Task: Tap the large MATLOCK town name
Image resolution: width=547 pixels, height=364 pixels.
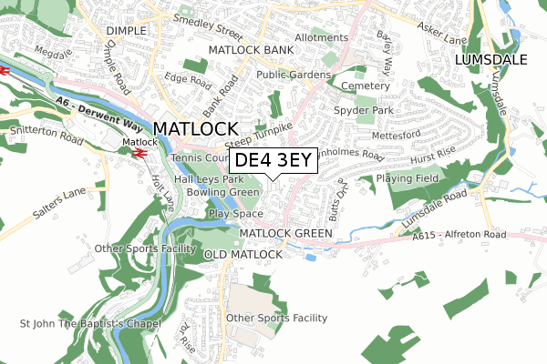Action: pos(196,128)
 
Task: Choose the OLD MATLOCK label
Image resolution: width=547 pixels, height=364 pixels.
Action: pos(243,254)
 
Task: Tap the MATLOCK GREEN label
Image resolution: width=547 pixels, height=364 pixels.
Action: pos(285,234)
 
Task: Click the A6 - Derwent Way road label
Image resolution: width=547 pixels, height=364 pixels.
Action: pos(94,100)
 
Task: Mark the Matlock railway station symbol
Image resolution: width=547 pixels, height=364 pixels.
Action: pos(139,154)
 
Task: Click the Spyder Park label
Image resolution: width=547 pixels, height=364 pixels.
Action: pos(364,109)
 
